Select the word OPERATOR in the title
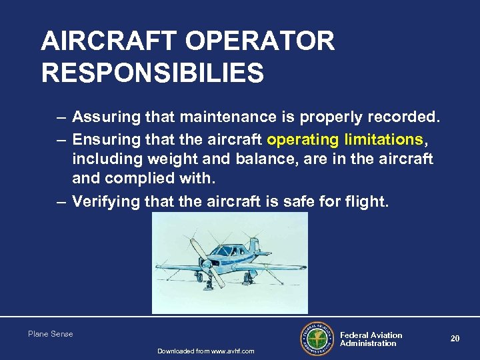260,41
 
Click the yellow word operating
300,139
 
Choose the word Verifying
103,201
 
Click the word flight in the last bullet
367,201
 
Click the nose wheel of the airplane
221,283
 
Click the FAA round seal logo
318,339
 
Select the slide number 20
455,339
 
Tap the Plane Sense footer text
51,334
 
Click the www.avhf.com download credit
205,351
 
